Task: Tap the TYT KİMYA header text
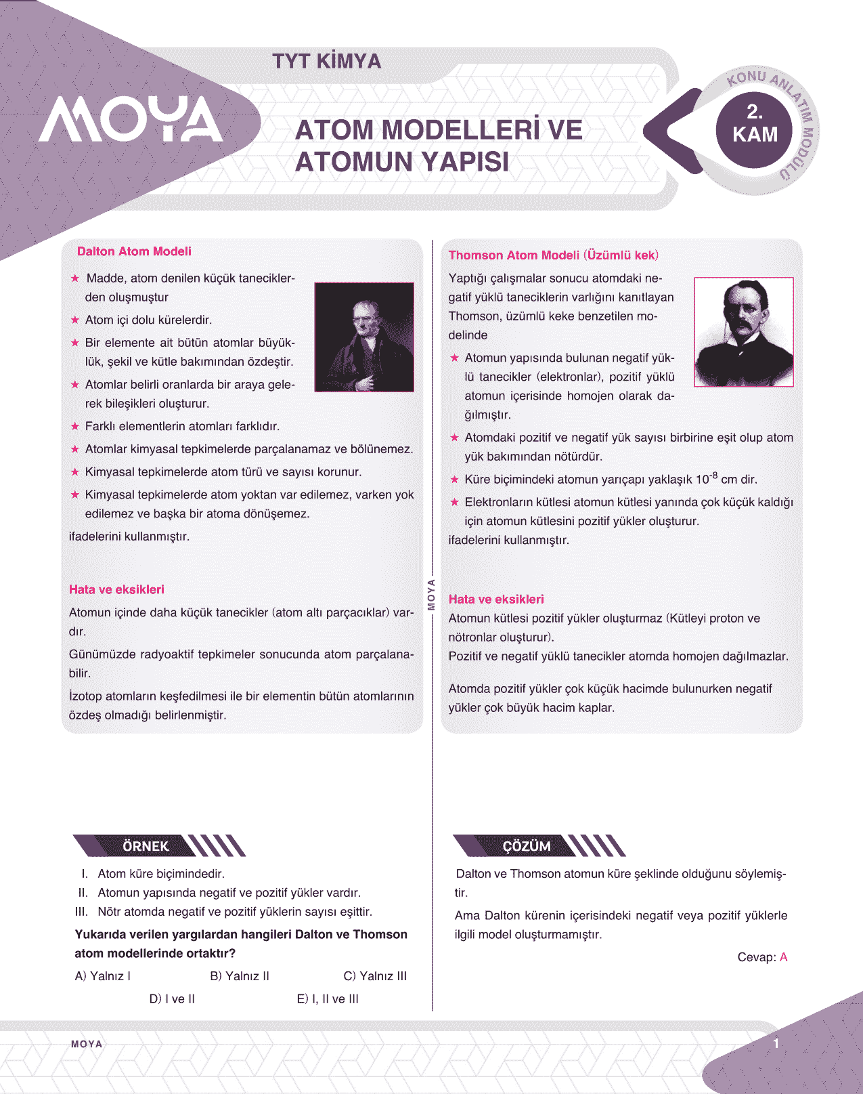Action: pos(326,62)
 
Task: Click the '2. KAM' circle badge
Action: pos(755,125)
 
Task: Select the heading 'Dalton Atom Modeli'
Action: pos(134,251)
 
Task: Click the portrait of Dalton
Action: pos(364,337)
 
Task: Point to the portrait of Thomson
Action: pos(744,332)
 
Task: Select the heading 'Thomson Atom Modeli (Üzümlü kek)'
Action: pos(553,255)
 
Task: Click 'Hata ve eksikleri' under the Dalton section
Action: pos(116,589)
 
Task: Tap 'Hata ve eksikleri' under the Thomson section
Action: pos(496,599)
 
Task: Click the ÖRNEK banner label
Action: pos(146,846)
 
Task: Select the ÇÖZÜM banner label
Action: pos(527,846)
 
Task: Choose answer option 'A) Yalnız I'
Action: pos(103,976)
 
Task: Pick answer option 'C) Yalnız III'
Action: pos(375,976)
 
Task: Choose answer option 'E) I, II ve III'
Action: pos(328,998)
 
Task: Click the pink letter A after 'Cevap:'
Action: pos(784,957)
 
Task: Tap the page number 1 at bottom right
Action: pos(776,1043)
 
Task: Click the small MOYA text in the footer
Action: pos(87,1044)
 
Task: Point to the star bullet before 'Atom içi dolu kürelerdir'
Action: pos(75,320)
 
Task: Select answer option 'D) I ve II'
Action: pos(172,998)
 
